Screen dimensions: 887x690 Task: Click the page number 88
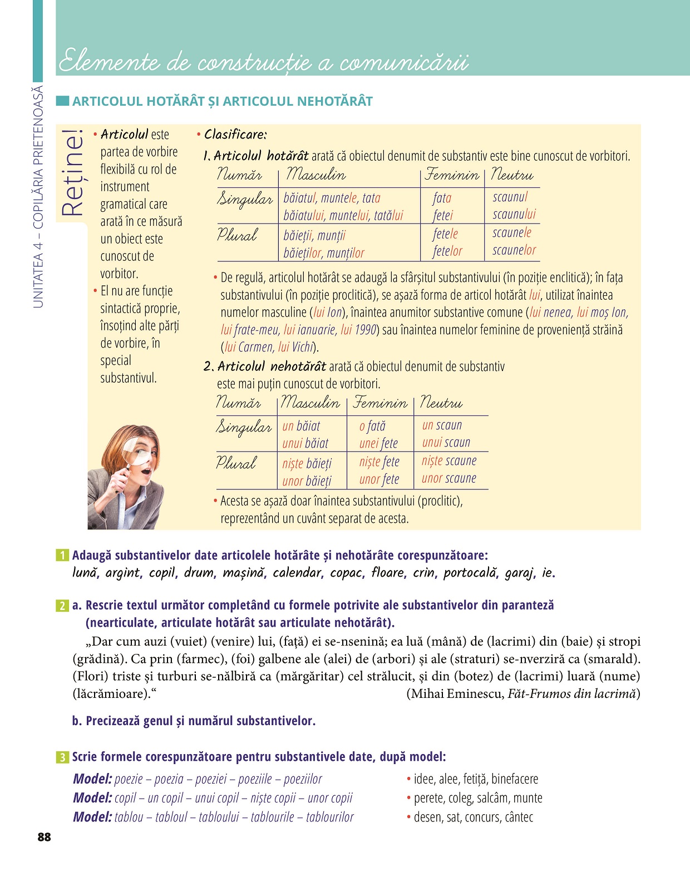[44, 837]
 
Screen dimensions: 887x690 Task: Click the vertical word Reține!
[72, 173]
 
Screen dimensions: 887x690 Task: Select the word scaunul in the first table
[510, 197]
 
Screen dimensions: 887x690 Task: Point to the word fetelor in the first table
[447, 251]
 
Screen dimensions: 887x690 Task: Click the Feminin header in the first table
[451, 175]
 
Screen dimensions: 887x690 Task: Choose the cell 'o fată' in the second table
[372, 426]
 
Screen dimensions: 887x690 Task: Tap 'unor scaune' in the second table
[448, 478]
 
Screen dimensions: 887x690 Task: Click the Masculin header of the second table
[310, 402]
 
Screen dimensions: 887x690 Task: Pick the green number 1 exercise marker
[62, 555]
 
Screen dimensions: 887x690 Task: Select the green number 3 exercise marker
[62, 757]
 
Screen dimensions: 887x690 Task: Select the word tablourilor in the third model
[329, 817]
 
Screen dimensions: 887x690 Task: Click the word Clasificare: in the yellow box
[235, 135]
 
